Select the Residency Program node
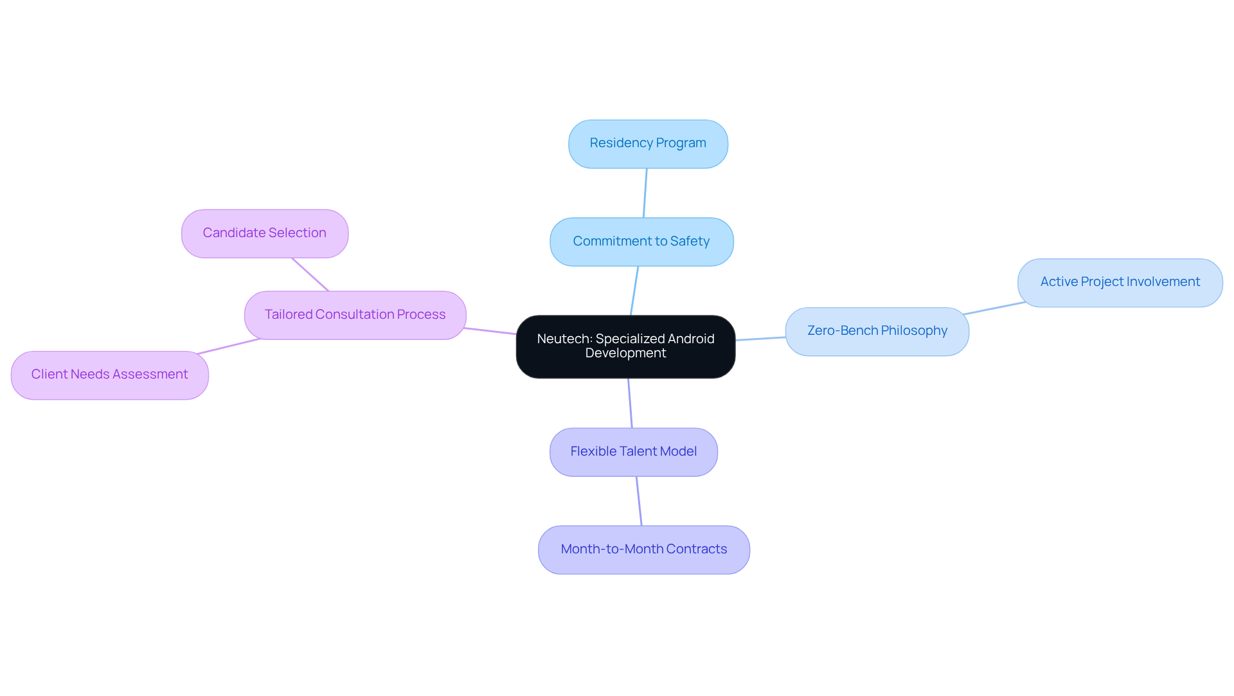[648, 144]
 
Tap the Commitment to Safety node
[641, 242]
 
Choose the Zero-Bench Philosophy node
[877, 332]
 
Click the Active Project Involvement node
[1120, 283]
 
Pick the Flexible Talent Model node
[633, 452]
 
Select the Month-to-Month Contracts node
[643, 549]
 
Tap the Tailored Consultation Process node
[355, 315]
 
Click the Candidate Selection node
[264, 233]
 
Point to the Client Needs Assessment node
[109, 375]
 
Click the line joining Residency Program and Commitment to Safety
[645, 193]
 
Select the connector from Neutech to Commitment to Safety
[634, 290]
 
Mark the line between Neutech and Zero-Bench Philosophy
[760, 339]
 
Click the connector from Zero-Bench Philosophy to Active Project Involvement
[994, 308]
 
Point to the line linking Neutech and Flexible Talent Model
[630, 403]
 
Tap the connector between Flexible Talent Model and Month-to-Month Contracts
[639, 501]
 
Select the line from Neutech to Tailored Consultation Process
[490, 331]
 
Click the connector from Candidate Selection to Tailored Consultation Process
[310, 274]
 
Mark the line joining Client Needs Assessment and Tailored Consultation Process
[229, 346]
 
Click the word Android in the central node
[690, 339]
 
